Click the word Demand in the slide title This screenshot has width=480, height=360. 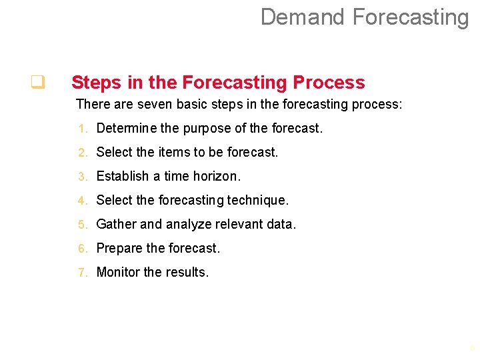point(302,17)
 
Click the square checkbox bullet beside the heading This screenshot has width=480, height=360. point(37,83)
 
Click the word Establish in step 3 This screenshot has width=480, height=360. point(122,176)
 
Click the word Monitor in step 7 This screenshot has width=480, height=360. point(118,272)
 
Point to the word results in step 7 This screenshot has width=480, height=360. point(187,272)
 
